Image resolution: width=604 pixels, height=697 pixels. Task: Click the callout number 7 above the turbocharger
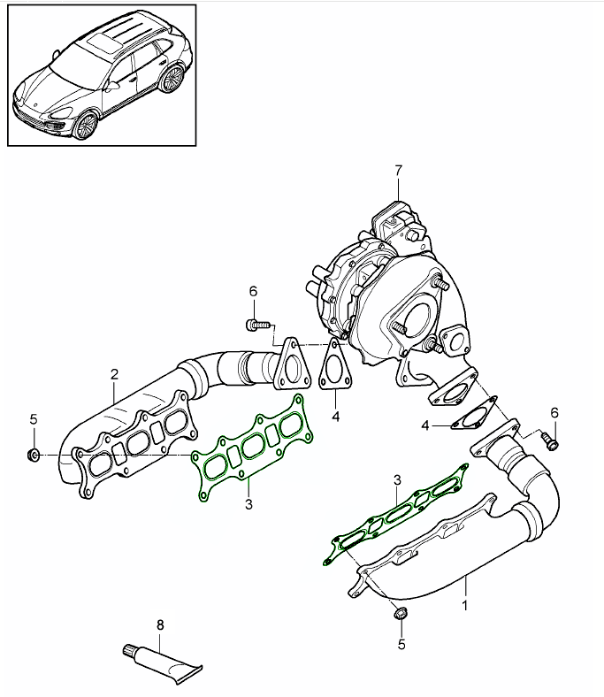(398, 169)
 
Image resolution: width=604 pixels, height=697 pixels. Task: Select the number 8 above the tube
(160, 624)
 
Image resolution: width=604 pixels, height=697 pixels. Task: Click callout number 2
(114, 374)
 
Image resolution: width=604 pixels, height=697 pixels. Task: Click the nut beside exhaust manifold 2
(33, 456)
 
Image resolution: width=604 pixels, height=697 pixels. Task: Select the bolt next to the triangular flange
(257, 326)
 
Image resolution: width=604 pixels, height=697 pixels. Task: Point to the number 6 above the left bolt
(252, 291)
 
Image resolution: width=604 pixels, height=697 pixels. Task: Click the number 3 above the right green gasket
(398, 479)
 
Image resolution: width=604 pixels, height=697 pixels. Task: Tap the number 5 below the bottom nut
(401, 645)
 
